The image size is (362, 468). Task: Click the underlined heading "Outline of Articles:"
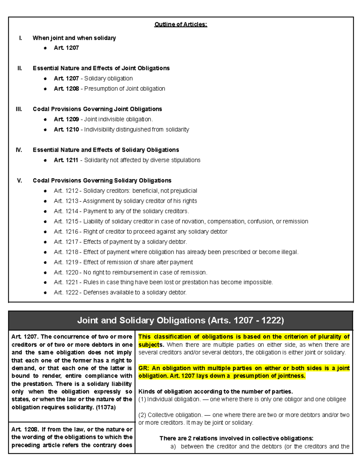pyautogui.click(x=181, y=24)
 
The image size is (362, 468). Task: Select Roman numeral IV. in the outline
pyautogui.click(x=19, y=150)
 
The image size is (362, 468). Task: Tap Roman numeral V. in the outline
pyautogui.click(x=19, y=181)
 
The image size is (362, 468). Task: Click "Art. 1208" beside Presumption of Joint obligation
pyautogui.click(x=66, y=89)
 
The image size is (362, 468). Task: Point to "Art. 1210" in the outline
pyautogui.click(x=66, y=130)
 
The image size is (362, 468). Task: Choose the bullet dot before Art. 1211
pyautogui.click(x=45, y=160)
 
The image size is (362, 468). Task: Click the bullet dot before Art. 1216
pyautogui.click(x=45, y=232)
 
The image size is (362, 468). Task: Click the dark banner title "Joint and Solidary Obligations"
pyautogui.click(x=141, y=320)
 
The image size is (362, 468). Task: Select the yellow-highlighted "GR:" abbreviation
pyautogui.click(x=144, y=368)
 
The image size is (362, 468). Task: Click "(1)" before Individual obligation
pyautogui.click(x=142, y=399)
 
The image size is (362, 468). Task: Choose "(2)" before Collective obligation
pyautogui.click(x=142, y=415)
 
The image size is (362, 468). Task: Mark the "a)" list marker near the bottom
pyautogui.click(x=173, y=446)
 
